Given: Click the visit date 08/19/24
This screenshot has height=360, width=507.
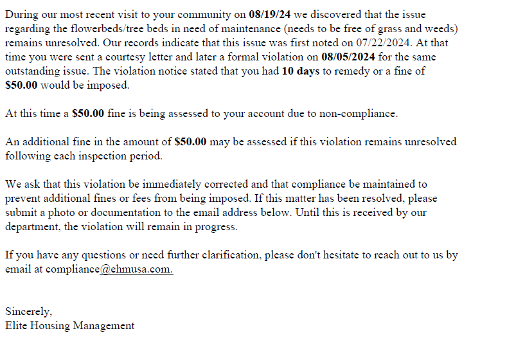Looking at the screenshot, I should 270,15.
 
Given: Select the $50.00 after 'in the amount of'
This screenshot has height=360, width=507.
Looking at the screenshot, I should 190,142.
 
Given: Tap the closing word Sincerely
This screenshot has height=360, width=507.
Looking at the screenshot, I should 29,312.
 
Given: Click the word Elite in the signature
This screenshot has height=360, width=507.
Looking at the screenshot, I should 17,326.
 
